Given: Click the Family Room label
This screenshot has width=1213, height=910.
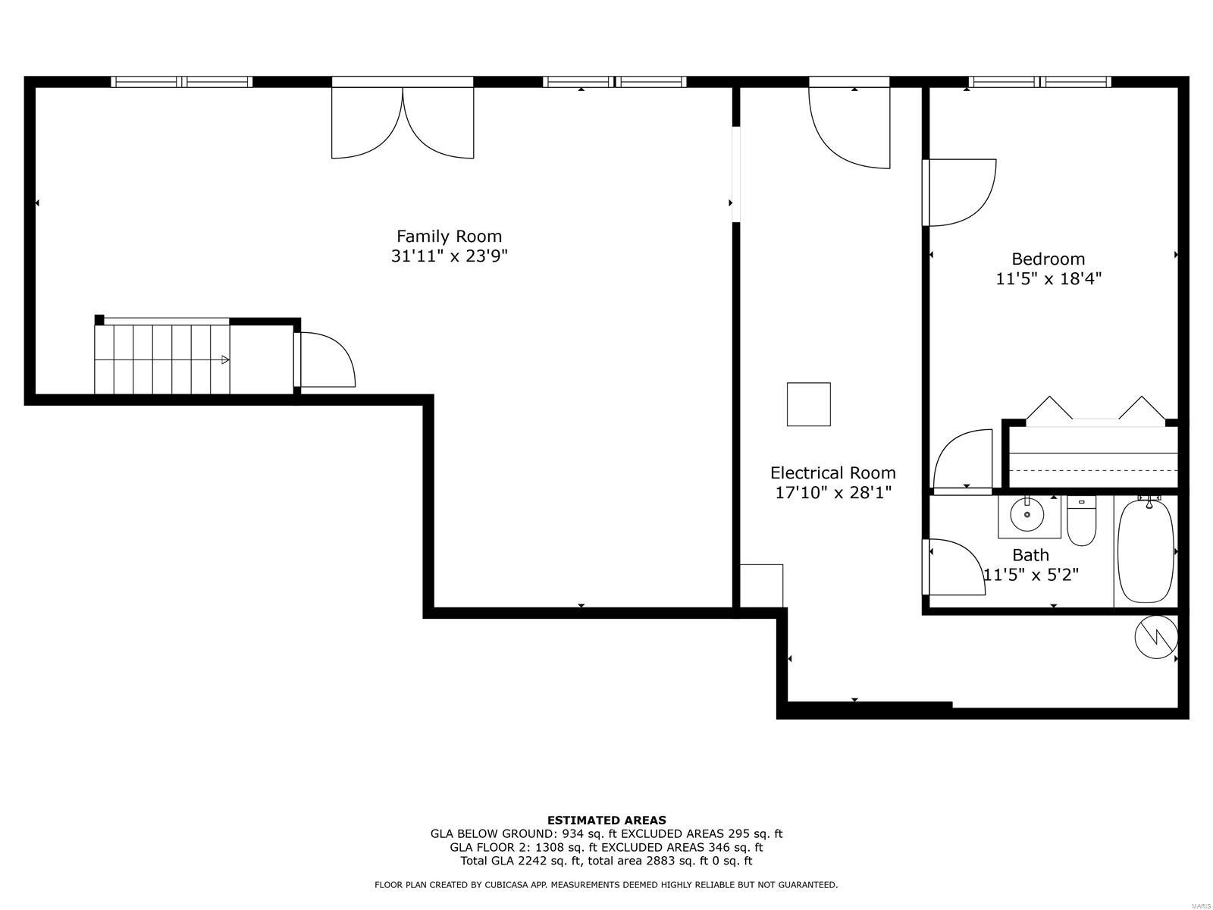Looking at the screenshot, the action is click(x=449, y=237).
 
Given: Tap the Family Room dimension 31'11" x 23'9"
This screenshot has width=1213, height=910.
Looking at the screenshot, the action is click(x=449, y=256).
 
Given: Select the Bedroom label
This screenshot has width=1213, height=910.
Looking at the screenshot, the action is click(x=1048, y=259).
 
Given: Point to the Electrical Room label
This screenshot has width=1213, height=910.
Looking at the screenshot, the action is click(x=832, y=472).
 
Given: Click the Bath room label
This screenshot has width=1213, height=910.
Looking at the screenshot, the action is click(x=1030, y=554).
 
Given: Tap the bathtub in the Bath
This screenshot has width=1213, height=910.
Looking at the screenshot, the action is click(x=1145, y=551).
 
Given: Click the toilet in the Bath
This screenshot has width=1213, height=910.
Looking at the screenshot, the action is click(x=1081, y=521).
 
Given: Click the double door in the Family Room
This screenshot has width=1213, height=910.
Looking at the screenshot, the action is click(x=403, y=123).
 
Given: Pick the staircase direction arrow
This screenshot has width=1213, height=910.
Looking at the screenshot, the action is click(x=225, y=359).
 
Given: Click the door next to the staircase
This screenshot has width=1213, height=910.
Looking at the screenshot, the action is click(x=325, y=359).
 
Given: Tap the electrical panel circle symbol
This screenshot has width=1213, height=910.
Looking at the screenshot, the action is click(x=1156, y=637).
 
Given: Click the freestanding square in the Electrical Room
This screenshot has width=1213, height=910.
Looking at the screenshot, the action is click(x=808, y=404).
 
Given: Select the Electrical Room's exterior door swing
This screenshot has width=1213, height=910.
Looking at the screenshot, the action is click(x=849, y=127).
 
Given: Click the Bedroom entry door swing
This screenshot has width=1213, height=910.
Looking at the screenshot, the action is click(x=959, y=193).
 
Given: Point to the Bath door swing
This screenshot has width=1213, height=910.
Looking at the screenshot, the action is click(x=954, y=567).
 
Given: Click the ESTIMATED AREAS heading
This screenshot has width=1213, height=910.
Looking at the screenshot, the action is click(x=606, y=820).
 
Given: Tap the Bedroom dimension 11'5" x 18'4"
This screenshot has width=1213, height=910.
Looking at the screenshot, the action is click(x=1048, y=278).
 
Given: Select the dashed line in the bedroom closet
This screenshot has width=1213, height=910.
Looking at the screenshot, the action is click(x=1093, y=470).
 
